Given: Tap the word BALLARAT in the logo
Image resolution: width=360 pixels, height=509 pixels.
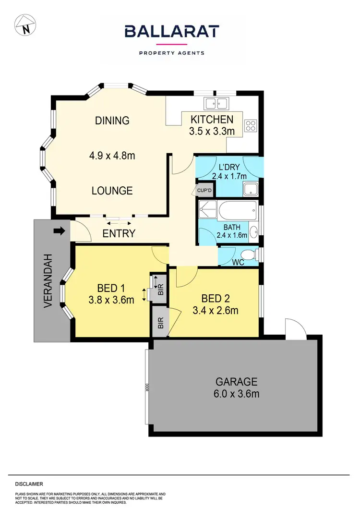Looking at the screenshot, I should click(x=172, y=32).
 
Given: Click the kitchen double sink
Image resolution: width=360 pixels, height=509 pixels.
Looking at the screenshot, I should click(x=216, y=103).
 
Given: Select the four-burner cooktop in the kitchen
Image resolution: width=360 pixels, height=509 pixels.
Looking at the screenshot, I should click(x=251, y=126).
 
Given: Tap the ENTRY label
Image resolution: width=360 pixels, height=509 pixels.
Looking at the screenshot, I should click(x=119, y=234).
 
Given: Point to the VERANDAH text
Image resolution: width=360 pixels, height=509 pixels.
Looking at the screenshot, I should click(x=48, y=281).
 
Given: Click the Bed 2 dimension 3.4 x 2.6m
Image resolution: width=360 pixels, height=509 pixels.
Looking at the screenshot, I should click(x=216, y=310).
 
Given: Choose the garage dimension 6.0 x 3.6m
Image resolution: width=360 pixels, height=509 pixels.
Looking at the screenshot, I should click(x=237, y=394).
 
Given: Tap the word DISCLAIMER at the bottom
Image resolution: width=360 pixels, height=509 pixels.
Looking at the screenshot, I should click(x=29, y=484).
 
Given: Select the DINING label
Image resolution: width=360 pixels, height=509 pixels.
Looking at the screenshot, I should click(x=112, y=121).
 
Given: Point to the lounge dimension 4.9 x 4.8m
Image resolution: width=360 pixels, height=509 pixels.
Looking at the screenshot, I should click(x=112, y=156).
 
